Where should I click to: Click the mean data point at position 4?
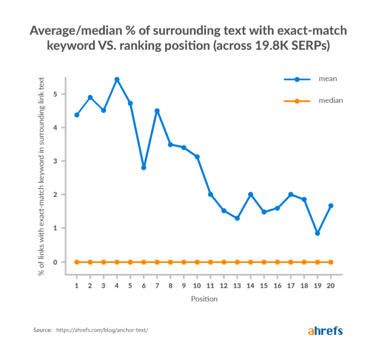point(117,79)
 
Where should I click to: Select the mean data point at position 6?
point(143,168)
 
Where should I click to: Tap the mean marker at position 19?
point(317,233)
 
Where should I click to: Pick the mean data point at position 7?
point(157,111)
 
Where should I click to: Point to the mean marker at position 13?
point(237,218)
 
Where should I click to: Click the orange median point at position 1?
point(77,262)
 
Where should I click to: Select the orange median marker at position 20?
point(330,262)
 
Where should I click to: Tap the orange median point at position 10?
point(197,262)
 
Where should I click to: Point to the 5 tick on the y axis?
point(56,94)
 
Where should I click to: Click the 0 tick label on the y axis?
point(56,262)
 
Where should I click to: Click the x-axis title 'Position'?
point(204,298)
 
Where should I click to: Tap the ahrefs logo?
point(325,331)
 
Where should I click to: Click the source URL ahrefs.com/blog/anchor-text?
point(102,331)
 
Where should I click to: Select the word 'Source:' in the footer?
point(43,331)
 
